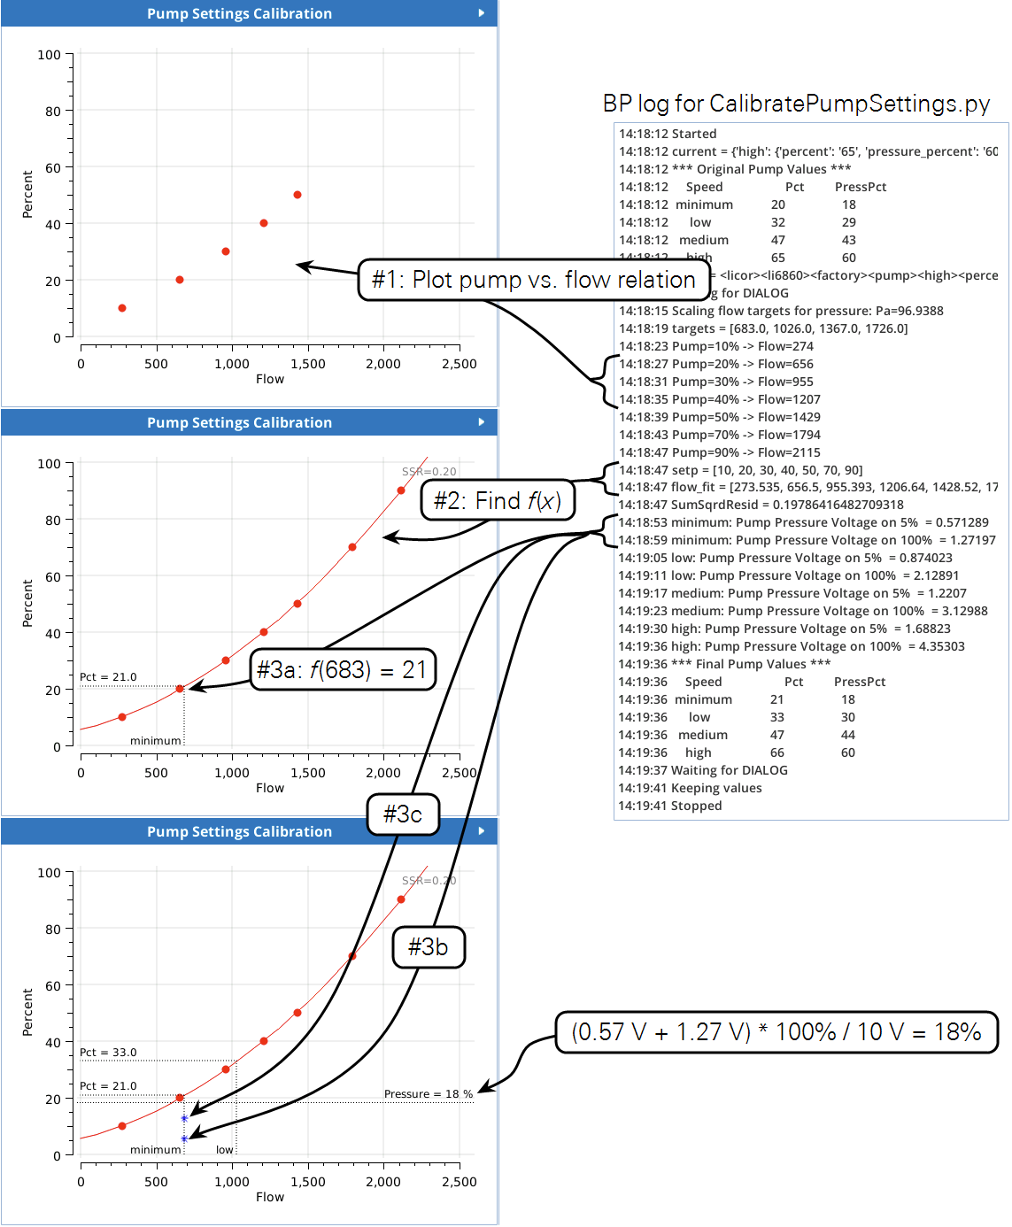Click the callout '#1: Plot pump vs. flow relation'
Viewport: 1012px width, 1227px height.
pyautogui.click(x=534, y=280)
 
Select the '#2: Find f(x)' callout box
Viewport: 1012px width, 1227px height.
pyautogui.click(x=497, y=501)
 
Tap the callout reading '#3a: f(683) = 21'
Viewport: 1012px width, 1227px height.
pyautogui.click(x=342, y=669)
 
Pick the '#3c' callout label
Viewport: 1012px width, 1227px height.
pyautogui.click(x=403, y=814)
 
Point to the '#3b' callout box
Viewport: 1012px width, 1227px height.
pyautogui.click(x=429, y=947)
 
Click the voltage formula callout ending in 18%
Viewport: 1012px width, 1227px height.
pyautogui.click(x=776, y=1032)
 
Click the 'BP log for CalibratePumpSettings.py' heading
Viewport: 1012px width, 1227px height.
pyautogui.click(x=796, y=104)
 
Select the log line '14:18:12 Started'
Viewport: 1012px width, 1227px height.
pyautogui.click(x=668, y=134)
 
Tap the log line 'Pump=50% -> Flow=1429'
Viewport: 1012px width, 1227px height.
pyautogui.click(x=719, y=417)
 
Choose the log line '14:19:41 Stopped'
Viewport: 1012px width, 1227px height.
pyautogui.click(x=670, y=806)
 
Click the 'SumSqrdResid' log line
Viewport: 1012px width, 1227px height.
pyautogui.click(x=761, y=505)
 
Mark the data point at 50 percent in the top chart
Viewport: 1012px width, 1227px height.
pyautogui.click(x=297, y=195)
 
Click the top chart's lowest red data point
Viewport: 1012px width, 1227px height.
pyautogui.click(x=122, y=308)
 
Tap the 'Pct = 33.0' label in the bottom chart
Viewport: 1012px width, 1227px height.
pyautogui.click(x=108, y=1053)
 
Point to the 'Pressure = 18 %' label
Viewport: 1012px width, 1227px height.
pyautogui.click(x=429, y=1094)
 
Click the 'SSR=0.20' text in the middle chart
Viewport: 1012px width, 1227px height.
pyautogui.click(x=429, y=472)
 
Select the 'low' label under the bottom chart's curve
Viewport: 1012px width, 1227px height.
pyautogui.click(x=225, y=1150)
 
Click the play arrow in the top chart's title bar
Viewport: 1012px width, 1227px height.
pyautogui.click(x=482, y=13)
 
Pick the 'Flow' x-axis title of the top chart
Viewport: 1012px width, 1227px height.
pyautogui.click(x=270, y=379)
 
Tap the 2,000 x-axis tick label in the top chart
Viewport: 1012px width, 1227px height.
pyautogui.click(x=383, y=364)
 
